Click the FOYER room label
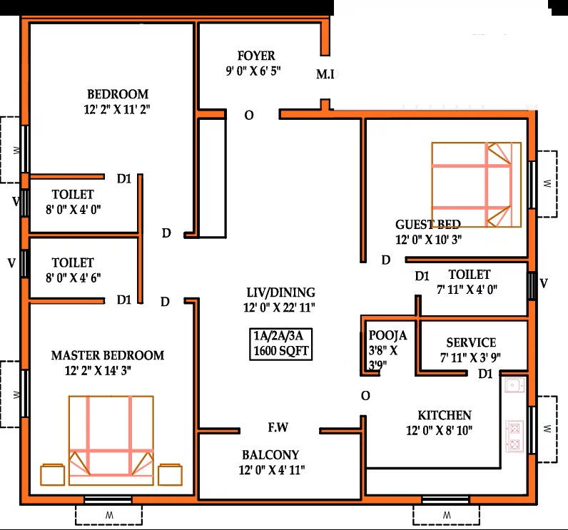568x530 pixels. [256, 56]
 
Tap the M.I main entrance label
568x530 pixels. [325, 74]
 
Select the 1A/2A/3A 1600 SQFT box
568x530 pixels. [280, 344]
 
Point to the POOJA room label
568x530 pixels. [387, 335]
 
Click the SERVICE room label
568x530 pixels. [471, 342]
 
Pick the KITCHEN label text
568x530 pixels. [445, 415]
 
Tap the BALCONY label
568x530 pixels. [270, 454]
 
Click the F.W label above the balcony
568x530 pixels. [278, 427]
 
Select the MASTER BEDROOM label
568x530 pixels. [108, 355]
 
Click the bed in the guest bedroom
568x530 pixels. [477, 185]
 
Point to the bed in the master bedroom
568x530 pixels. [111, 441]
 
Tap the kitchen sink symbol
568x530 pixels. [514, 386]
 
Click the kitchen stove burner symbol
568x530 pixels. [514, 437]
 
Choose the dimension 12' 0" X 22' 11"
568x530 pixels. [279, 307]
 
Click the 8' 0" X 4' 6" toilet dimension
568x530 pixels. [73, 277]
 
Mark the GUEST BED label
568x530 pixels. [428, 225]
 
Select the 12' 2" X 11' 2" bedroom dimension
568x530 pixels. [117, 109]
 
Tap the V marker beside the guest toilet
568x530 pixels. [543, 283]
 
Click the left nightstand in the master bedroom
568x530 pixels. [53, 474]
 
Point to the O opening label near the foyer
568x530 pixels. [249, 116]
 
